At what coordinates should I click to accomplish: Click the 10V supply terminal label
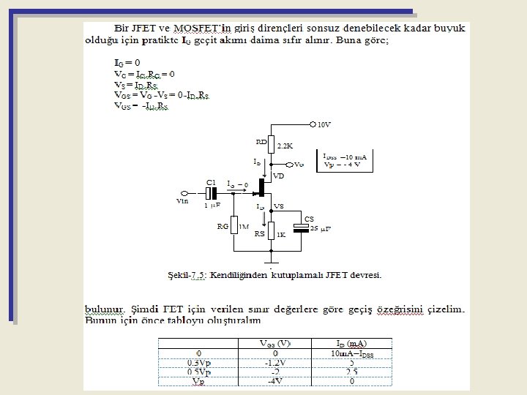(324, 124)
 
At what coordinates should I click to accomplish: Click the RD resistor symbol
(271, 144)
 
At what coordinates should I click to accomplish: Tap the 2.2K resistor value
(285, 146)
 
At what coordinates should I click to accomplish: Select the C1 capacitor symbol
(212, 193)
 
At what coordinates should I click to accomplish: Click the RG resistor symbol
(233, 227)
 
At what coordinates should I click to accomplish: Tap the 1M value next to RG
(244, 227)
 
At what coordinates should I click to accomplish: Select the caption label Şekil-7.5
(187, 275)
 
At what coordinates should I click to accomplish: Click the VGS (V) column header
(275, 343)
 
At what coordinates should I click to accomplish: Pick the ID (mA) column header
(351, 343)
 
